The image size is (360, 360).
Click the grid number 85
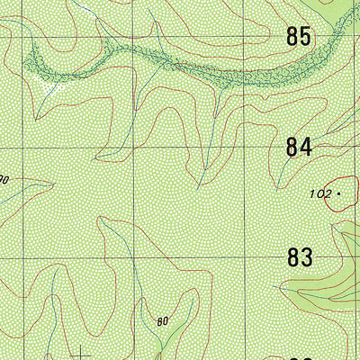click(x=299, y=37)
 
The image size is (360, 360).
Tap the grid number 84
click(x=299, y=146)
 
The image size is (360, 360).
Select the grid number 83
click(x=299, y=256)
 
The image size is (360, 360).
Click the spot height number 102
click(x=319, y=193)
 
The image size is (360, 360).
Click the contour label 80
click(x=163, y=320)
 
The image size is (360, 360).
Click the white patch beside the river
click(x=52, y=87)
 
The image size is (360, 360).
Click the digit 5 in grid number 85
click(x=307, y=37)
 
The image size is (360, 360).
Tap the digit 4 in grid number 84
click(x=307, y=146)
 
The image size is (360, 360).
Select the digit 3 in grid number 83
click(x=307, y=256)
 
